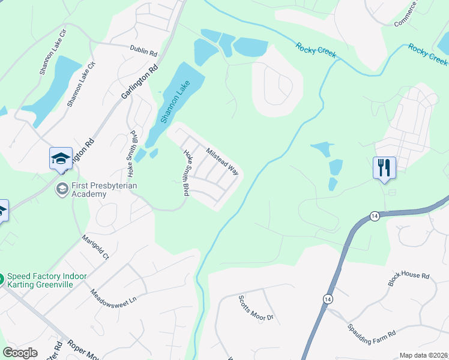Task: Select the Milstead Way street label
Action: click(x=222, y=161)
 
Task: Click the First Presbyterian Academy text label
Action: click(x=104, y=190)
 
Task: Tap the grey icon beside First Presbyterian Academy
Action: click(x=61, y=190)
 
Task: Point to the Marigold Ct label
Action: click(x=95, y=247)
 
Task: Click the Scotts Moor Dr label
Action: click(x=256, y=308)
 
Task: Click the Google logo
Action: click(x=20, y=353)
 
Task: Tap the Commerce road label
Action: click(x=405, y=14)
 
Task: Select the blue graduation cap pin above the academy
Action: click(x=61, y=159)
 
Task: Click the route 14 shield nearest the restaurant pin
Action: click(x=375, y=216)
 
